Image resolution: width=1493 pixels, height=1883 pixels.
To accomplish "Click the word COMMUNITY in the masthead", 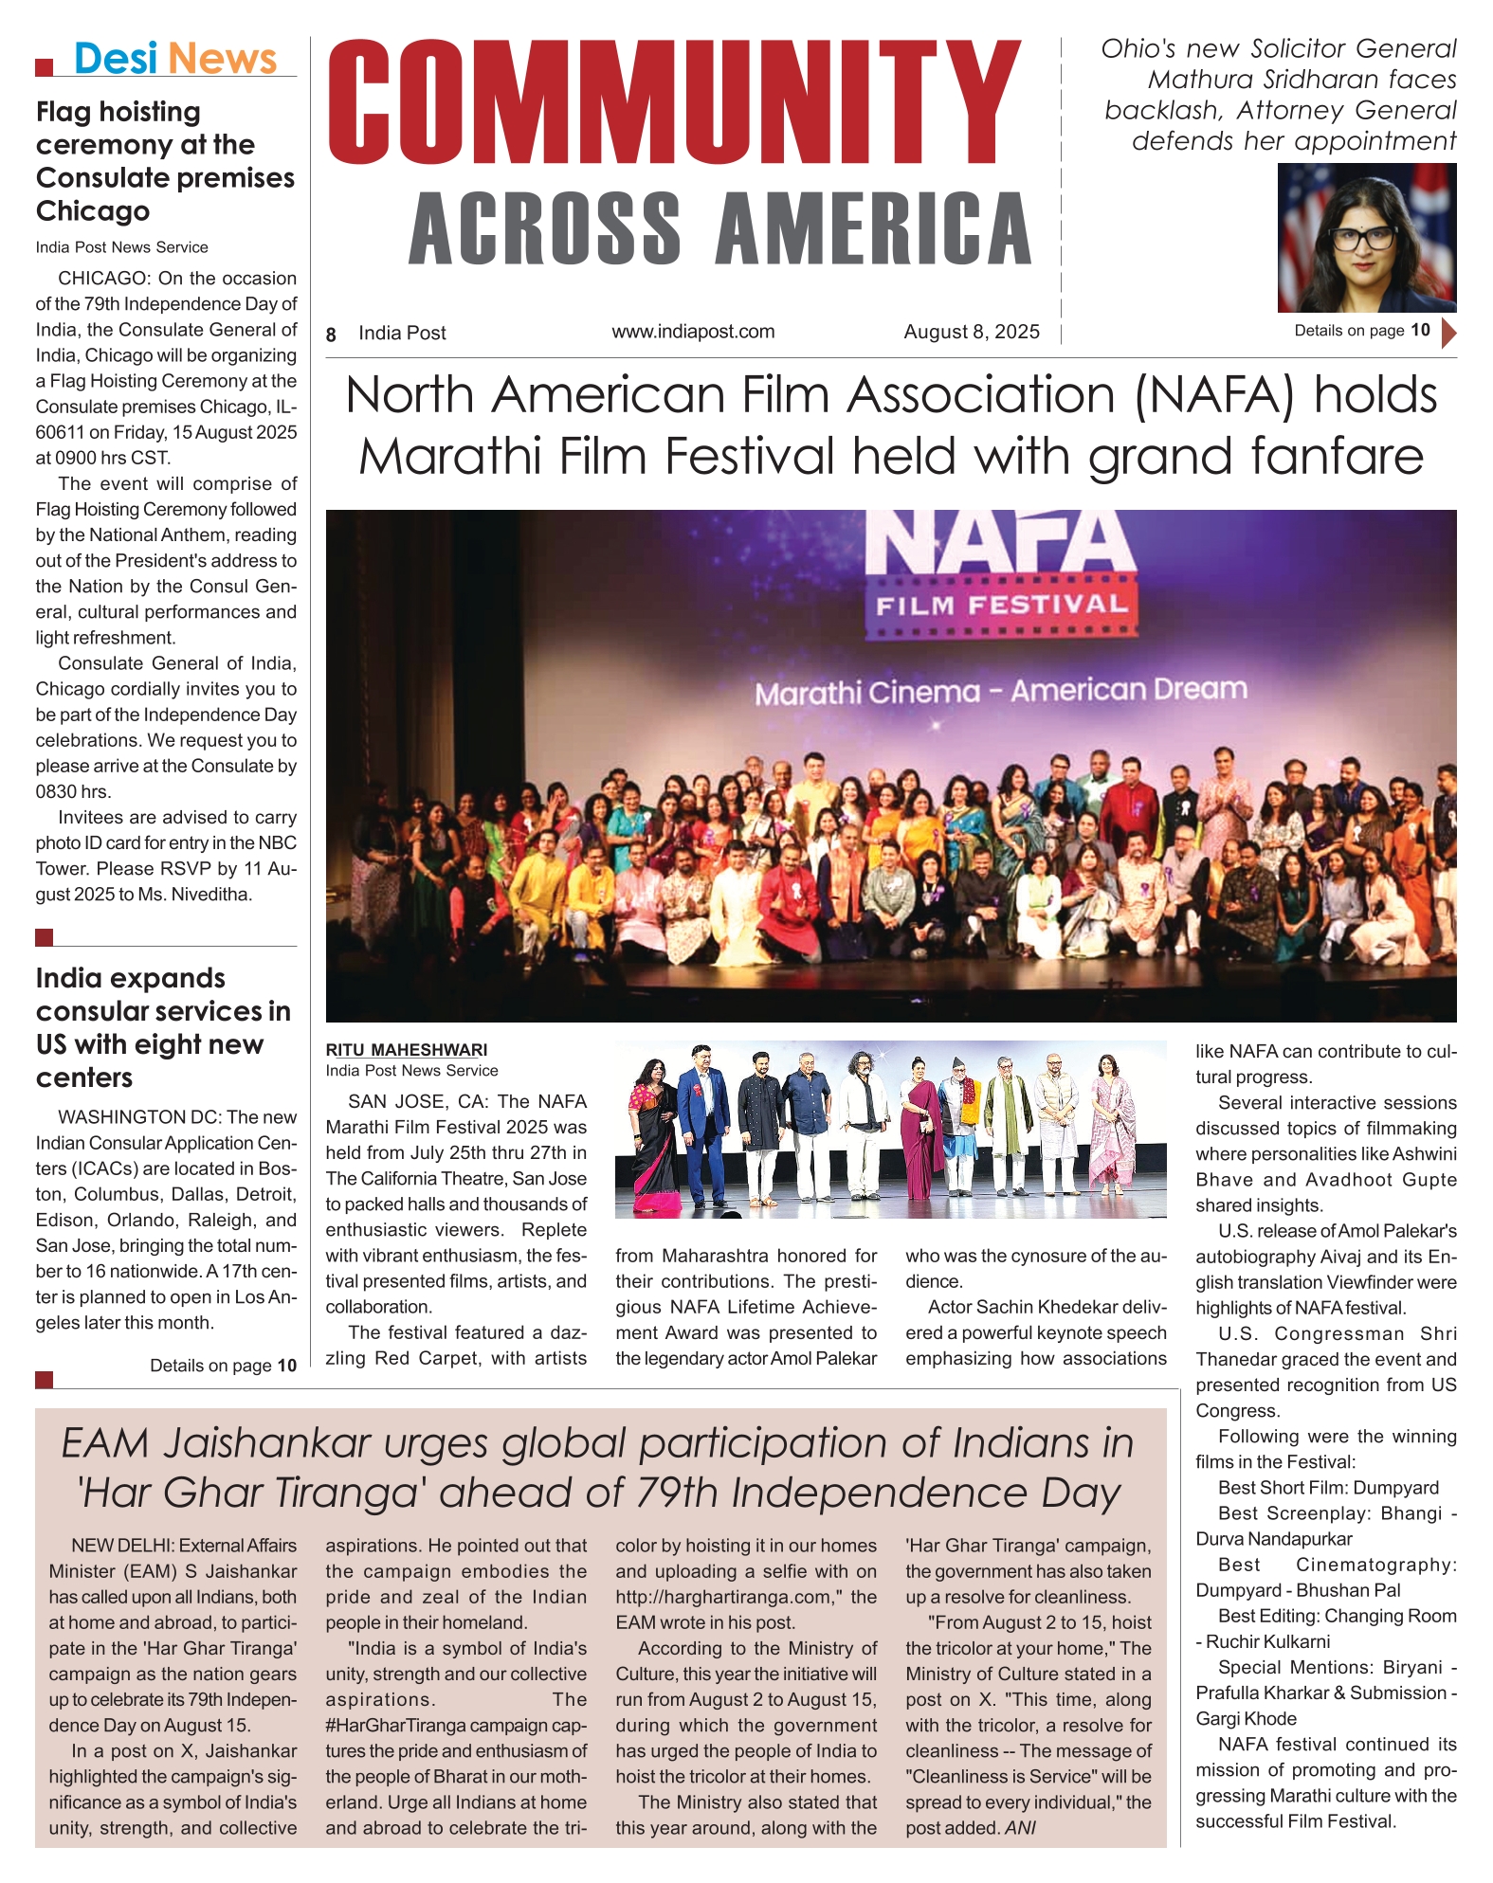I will [x=674, y=104].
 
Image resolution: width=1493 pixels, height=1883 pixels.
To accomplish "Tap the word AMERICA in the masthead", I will [x=873, y=229].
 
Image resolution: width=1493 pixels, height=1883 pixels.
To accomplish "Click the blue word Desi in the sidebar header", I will [x=115, y=59].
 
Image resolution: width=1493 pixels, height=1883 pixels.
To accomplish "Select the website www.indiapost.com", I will [x=693, y=332].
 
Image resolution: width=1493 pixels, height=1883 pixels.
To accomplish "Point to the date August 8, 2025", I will [x=971, y=332].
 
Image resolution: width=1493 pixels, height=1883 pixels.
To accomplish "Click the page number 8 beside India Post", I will [x=331, y=335].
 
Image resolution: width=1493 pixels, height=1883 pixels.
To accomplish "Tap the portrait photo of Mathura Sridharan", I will [x=1366, y=238].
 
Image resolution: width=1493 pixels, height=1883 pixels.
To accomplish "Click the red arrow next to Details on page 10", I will [x=1447, y=333].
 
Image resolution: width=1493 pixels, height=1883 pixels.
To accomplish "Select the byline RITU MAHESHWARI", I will [x=407, y=1050].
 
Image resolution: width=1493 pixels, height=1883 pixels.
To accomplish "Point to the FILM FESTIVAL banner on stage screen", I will [x=1001, y=605].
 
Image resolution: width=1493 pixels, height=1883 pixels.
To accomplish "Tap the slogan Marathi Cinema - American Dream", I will [x=1000, y=691].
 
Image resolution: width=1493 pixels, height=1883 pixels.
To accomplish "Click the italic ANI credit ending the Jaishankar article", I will [x=1020, y=1828].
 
